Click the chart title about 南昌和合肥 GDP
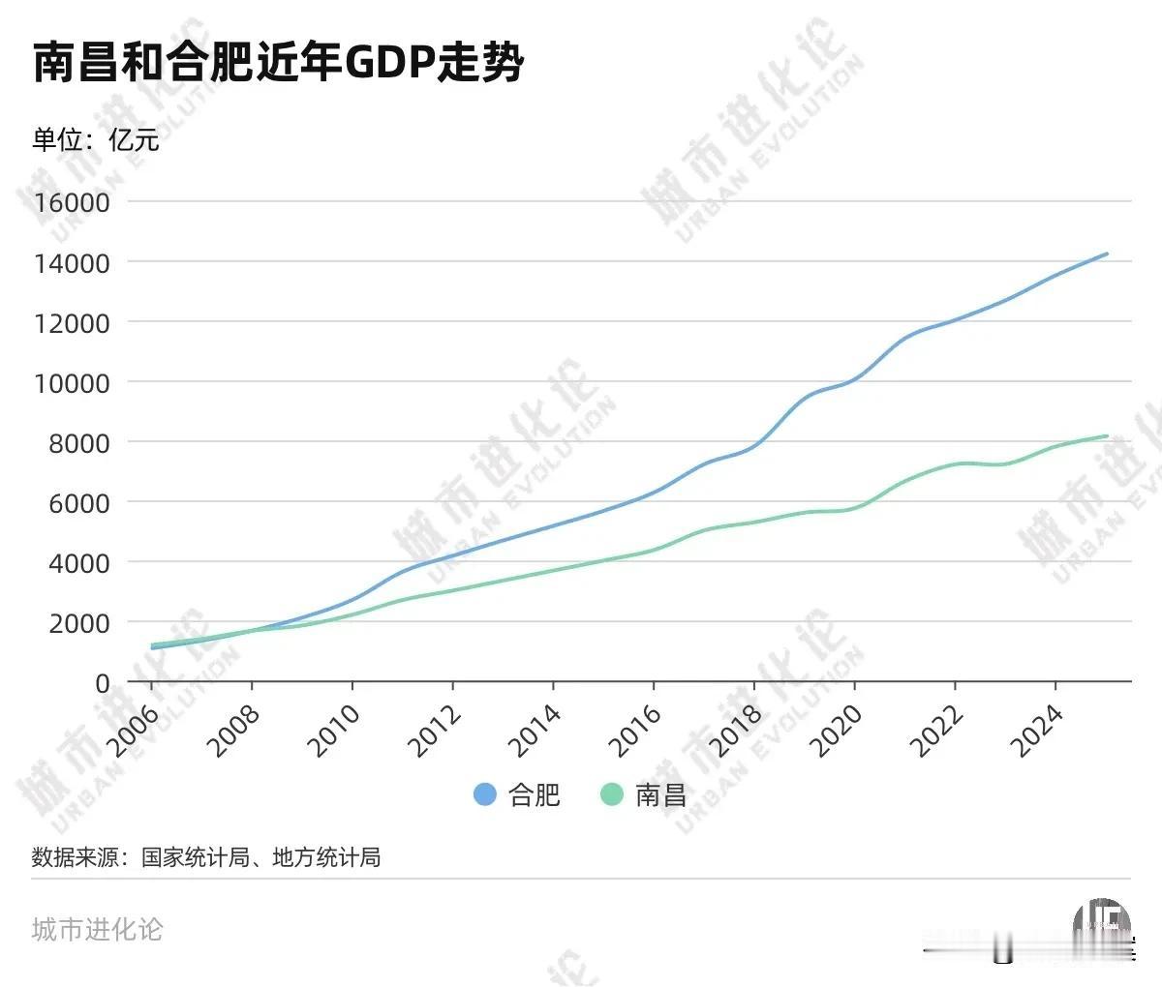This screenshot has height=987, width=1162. (278, 65)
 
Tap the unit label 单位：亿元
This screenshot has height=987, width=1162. (95, 140)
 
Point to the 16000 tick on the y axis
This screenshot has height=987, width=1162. (74, 202)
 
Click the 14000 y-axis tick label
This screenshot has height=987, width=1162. (74, 262)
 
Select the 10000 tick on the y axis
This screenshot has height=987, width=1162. (74, 382)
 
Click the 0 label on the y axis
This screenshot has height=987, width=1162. (102, 683)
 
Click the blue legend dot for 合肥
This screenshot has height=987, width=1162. (485, 794)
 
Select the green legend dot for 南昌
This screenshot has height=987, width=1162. (612, 794)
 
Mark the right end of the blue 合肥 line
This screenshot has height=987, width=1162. (1107, 254)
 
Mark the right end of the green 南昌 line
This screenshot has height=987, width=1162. (1107, 436)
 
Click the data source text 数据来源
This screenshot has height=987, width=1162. (206, 856)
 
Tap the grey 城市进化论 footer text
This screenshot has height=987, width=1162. (97, 930)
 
